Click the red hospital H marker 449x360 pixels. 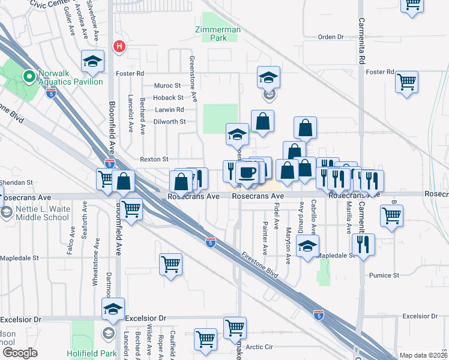(119, 46)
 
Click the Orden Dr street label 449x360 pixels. (330, 37)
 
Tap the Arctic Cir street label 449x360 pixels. (259, 347)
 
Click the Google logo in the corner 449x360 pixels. (20, 353)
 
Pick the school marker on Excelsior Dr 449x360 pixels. (113, 310)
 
